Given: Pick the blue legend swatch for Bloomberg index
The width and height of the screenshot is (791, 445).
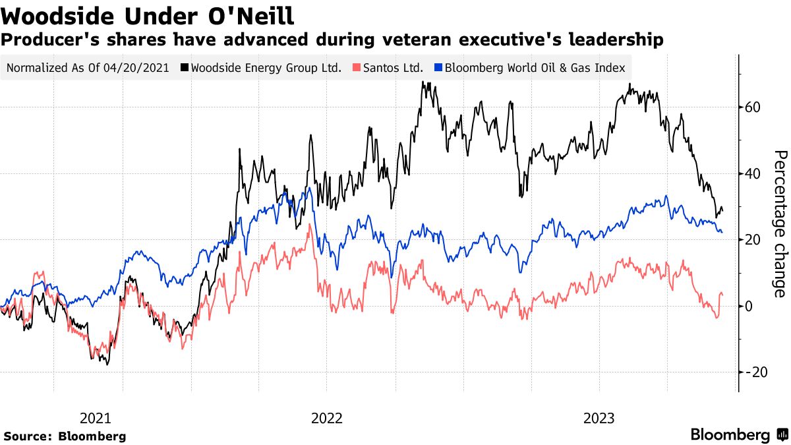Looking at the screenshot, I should [438, 67].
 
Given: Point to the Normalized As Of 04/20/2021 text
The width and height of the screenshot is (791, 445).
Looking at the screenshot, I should [87, 67].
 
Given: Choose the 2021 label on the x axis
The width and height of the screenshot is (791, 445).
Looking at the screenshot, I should [96, 418].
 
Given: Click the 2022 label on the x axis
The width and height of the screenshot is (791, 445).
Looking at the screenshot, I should [327, 418].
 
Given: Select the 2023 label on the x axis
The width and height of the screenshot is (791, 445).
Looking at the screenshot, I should [599, 418].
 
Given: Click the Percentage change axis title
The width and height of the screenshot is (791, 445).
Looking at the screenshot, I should [780, 223].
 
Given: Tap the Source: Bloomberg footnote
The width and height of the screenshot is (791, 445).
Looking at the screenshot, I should [65, 436].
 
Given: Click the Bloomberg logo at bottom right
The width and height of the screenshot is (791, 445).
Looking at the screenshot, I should [738, 434].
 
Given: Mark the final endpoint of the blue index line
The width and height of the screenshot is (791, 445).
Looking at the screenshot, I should [722, 232].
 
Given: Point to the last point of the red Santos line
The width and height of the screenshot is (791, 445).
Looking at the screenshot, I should [722, 294].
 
